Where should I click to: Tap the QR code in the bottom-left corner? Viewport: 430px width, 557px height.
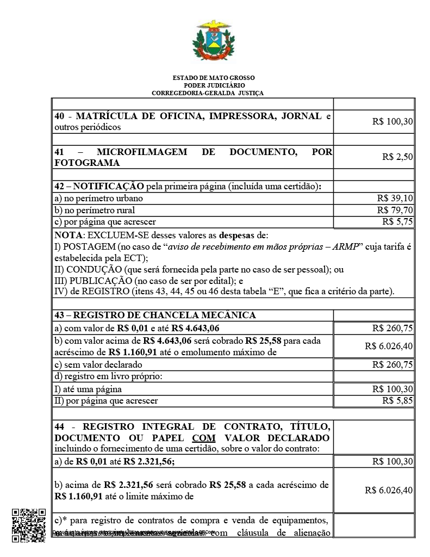coord(28,525)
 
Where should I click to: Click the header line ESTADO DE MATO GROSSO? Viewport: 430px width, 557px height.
coord(214,78)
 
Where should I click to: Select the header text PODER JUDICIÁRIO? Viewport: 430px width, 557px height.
coord(214,85)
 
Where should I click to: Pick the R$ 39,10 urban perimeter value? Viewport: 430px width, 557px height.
coord(395,199)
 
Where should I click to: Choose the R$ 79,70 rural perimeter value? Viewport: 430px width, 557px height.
coord(395,210)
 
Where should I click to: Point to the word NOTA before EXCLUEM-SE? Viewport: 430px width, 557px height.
coord(67,235)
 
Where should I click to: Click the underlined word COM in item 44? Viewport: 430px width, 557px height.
coord(200,438)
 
